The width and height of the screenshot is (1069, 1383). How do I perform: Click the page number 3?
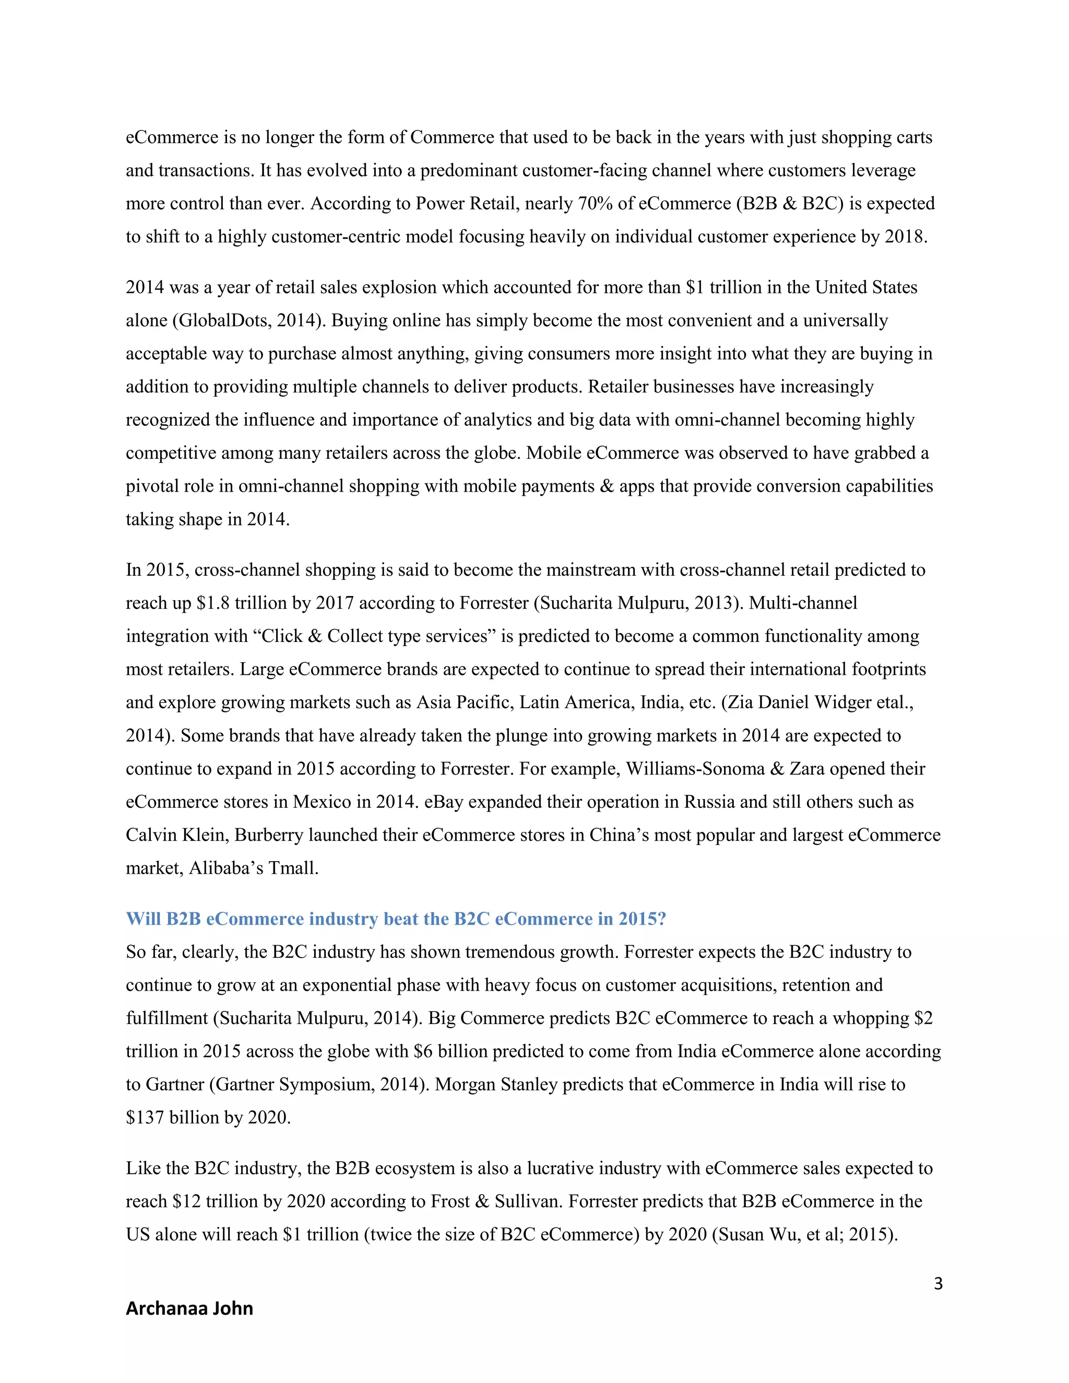click(938, 1284)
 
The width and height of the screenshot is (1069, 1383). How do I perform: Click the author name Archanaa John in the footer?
click(189, 1308)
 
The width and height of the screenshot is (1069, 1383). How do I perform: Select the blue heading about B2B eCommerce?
click(396, 919)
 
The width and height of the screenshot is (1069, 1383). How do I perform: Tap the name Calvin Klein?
click(175, 835)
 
